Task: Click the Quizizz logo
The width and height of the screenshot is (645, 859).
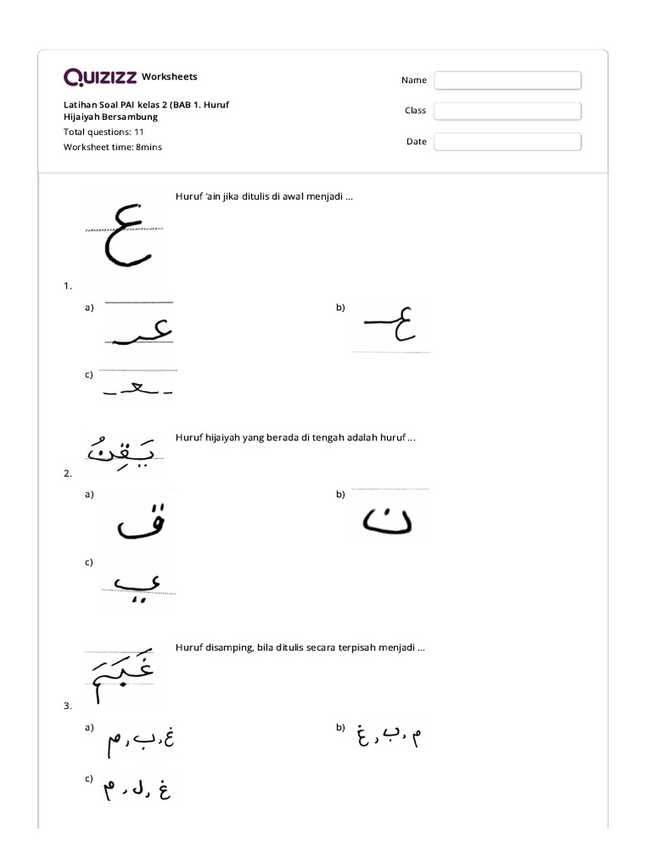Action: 100,77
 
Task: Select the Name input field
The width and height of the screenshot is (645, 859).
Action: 507,80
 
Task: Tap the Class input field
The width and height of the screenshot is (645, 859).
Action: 507,111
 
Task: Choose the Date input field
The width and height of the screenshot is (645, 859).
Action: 507,142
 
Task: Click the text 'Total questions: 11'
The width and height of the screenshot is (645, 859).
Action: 104,132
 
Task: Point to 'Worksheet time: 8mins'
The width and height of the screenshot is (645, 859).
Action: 113,147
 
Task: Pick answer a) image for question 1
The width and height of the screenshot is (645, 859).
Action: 138,324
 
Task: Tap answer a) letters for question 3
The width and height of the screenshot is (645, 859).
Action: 139,741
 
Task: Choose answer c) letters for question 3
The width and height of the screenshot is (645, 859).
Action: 136,789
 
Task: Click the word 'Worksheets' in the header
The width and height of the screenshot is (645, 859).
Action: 170,77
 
